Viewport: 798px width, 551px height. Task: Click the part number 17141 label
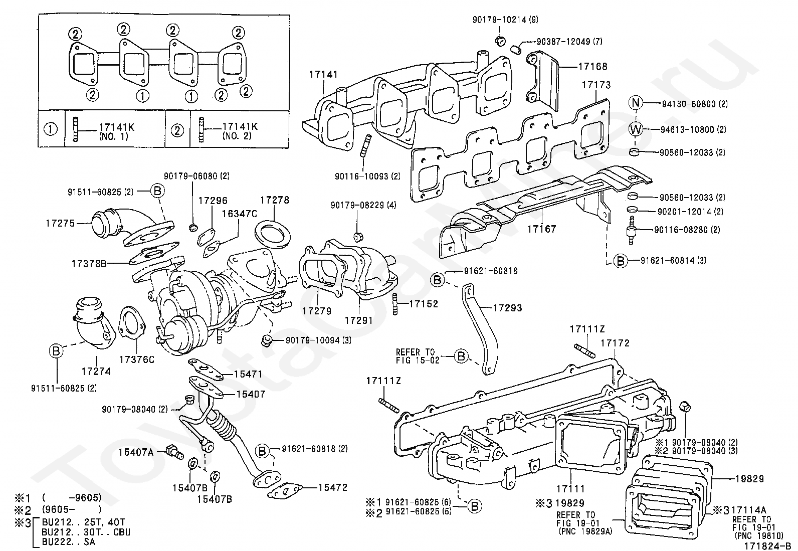click(x=323, y=75)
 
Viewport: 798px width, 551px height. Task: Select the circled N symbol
click(x=636, y=103)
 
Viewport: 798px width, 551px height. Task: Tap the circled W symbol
click(x=636, y=129)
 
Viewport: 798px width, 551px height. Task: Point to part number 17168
click(x=593, y=66)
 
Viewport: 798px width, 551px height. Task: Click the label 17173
click(x=596, y=85)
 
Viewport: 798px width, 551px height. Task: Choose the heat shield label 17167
click(x=541, y=229)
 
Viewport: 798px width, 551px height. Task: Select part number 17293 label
click(x=507, y=307)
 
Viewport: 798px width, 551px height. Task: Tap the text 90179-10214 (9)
click(x=505, y=20)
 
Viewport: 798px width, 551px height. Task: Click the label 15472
click(x=332, y=487)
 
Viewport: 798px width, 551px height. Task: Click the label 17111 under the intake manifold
click(x=571, y=488)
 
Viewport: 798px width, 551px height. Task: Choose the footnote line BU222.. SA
click(x=69, y=542)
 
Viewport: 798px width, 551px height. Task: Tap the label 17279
click(x=317, y=311)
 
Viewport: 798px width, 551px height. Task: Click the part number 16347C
click(x=240, y=214)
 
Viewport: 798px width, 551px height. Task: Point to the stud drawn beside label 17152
click(x=394, y=304)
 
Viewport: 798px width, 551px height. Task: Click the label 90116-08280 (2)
click(x=687, y=230)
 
